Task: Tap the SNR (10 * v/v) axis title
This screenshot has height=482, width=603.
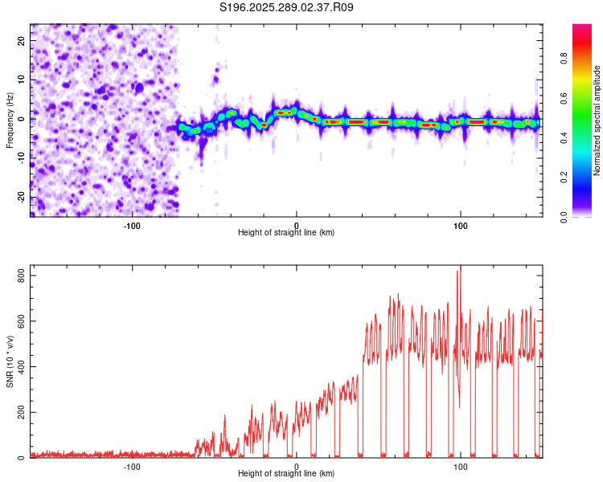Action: point(10,361)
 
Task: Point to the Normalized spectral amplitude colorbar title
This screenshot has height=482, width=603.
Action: point(597,120)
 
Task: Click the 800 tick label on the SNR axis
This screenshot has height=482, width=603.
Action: point(19,276)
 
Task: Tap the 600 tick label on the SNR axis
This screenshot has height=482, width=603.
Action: point(19,321)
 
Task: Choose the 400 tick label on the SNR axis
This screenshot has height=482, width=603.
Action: point(19,367)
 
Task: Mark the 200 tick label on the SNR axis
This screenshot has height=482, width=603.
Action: point(19,413)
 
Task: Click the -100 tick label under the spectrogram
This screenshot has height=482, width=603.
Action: point(132,223)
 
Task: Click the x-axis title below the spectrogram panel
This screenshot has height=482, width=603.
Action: point(286,232)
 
